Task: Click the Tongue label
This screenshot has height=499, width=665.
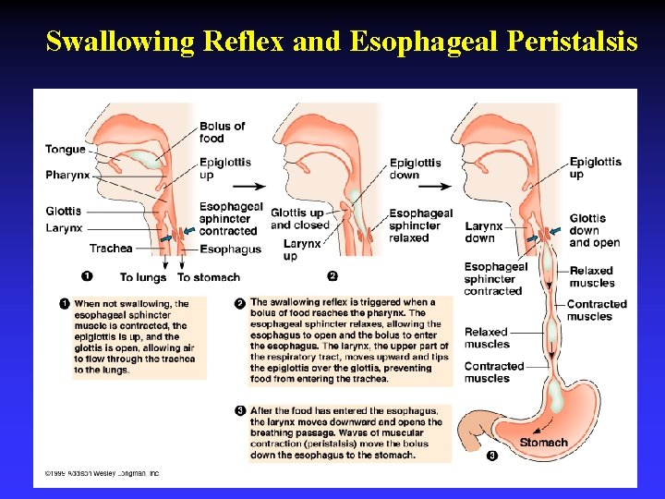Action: click(65, 150)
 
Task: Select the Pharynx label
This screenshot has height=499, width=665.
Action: click(67, 175)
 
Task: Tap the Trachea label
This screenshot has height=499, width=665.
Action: click(111, 248)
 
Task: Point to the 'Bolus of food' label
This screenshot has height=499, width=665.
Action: click(222, 132)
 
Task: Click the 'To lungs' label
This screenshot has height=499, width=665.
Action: click(143, 276)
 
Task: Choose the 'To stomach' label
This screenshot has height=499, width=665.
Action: click(209, 276)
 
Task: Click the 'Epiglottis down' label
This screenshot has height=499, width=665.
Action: click(416, 168)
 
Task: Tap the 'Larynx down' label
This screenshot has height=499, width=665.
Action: click(484, 232)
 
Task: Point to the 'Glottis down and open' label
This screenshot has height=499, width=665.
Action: click(595, 231)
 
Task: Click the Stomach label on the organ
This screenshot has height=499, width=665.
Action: click(543, 443)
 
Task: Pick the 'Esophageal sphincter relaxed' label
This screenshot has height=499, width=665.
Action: click(421, 225)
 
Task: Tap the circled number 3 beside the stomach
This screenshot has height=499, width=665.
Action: click(491, 455)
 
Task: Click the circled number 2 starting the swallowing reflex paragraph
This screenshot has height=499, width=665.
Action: click(239, 302)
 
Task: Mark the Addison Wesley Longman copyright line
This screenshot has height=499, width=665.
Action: click(96, 473)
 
